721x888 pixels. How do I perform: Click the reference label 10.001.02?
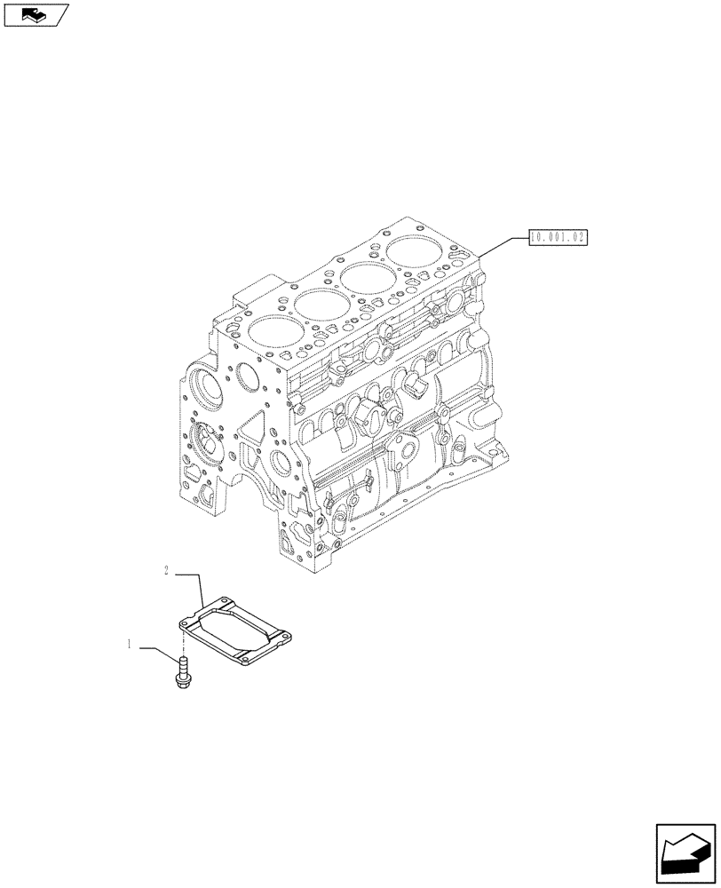pos(559,237)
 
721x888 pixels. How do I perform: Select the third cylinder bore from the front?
pos(368,277)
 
